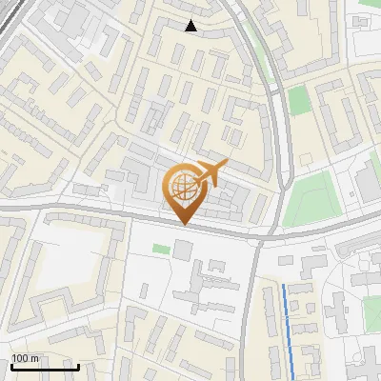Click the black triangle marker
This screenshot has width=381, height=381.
(191, 26)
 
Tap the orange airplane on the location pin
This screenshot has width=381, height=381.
(210, 172)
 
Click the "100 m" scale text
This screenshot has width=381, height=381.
(25, 358)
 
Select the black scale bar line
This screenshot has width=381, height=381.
(45, 366)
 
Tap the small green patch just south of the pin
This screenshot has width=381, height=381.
(161, 249)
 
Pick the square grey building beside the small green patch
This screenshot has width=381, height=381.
(182, 250)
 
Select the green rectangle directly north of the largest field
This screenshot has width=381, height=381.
(301, 99)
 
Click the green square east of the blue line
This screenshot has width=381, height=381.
(372, 311)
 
